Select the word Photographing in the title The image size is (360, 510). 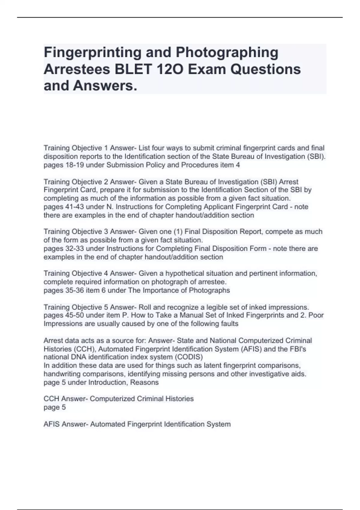point(227,52)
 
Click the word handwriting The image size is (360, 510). point(62,374)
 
